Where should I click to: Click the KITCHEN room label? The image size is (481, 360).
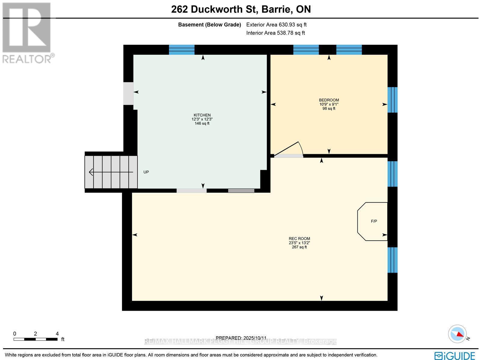point(202,115)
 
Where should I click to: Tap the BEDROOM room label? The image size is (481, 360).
point(329,100)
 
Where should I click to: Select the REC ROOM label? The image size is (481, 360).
point(299,239)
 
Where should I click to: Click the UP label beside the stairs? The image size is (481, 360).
point(146,172)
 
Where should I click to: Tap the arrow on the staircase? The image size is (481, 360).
point(111,172)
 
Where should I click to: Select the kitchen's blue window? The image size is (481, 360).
point(182,50)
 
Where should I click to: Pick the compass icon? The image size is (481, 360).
point(457,334)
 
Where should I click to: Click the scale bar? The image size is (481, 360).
point(35,339)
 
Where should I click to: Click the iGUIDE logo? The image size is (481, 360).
point(455,355)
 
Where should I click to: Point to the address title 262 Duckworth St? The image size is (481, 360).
point(241,9)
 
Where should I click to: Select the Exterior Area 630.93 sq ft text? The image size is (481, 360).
point(276,25)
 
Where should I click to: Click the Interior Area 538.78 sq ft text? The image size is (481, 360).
point(275,33)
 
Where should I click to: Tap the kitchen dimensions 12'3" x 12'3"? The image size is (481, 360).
point(202,119)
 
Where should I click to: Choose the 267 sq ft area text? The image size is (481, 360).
point(299,247)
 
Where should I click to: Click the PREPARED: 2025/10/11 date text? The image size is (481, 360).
point(241,338)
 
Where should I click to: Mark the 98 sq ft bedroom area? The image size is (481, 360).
point(329,108)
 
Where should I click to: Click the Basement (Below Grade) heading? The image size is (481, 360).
point(210,25)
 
